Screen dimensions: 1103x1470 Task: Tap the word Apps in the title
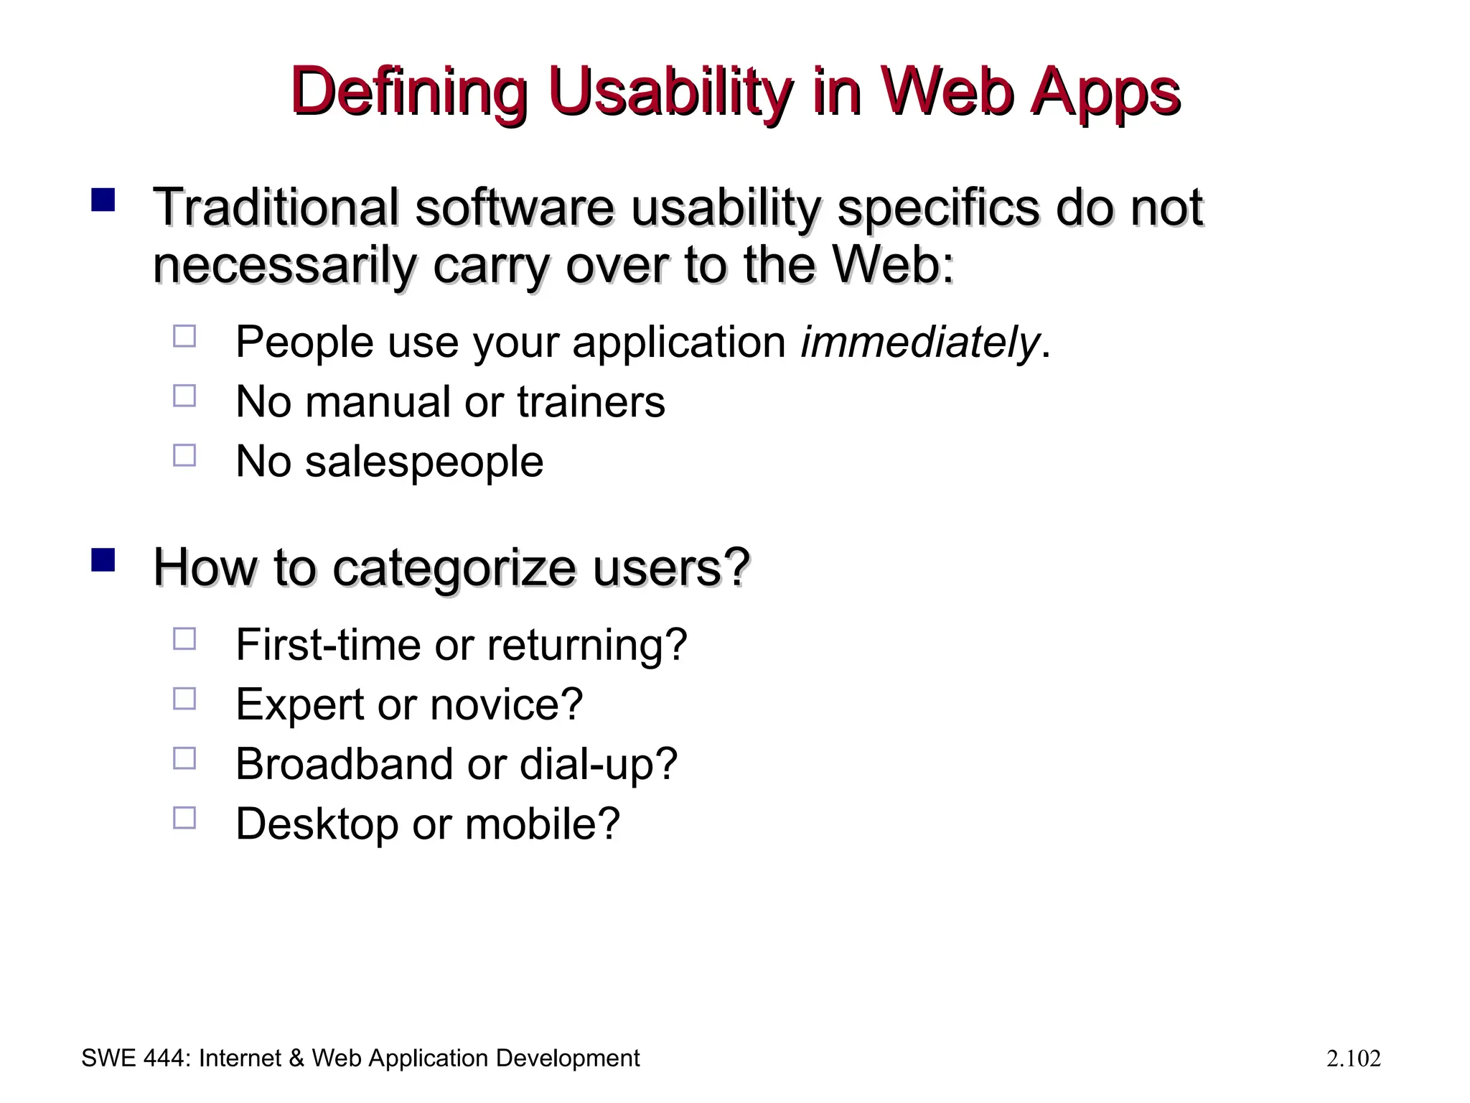click(1105, 93)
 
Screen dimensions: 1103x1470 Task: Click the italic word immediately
click(919, 342)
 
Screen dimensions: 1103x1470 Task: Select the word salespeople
click(424, 462)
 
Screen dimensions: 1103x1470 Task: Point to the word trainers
click(591, 401)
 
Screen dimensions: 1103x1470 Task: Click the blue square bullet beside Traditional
click(103, 200)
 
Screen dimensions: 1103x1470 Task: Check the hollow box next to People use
click(184, 336)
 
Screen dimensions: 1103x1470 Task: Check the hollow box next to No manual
click(184, 396)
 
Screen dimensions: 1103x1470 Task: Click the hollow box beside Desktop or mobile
click(184, 818)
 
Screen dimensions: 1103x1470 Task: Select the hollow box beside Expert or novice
click(184, 699)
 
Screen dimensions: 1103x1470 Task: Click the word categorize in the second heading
click(454, 569)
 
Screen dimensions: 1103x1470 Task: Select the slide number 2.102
click(1353, 1059)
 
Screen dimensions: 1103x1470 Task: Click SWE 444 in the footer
click(134, 1058)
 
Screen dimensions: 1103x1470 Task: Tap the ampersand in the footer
click(296, 1058)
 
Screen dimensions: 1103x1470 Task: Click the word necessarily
click(284, 266)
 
